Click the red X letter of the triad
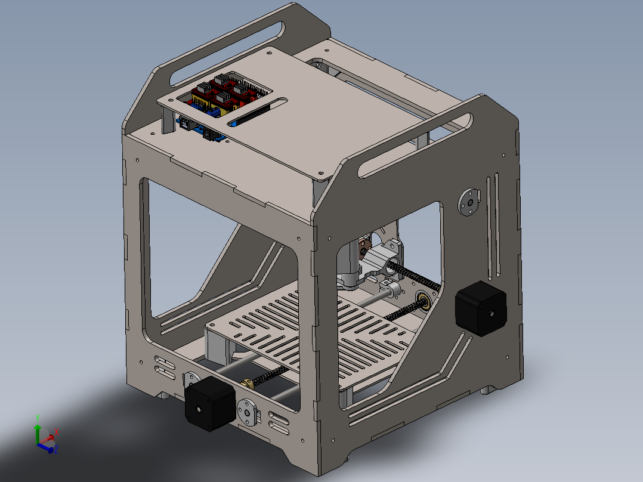(56, 431)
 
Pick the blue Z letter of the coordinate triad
(55, 450)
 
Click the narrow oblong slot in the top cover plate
(257, 112)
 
